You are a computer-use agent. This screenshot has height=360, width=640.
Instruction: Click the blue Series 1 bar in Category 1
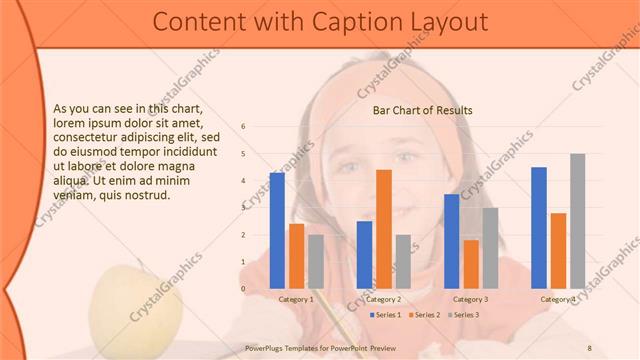tap(277, 230)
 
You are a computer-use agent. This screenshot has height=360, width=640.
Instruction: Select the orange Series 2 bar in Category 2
tap(384, 229)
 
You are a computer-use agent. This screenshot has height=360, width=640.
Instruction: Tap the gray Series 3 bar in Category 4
tap(577, 221)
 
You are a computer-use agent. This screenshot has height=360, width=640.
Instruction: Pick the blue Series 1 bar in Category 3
tap(452, 241)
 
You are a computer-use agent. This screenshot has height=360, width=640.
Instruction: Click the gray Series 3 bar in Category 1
tap(316, 261)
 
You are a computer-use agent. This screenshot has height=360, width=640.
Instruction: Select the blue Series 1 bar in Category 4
tap(539, 227)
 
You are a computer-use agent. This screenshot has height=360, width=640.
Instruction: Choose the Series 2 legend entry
tap(426, 315)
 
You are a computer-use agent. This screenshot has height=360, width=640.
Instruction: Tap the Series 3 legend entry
tap(464, 315)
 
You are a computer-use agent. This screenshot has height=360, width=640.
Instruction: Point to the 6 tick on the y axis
tap(243, 127)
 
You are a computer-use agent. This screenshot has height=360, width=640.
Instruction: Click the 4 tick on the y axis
tap(243, 181)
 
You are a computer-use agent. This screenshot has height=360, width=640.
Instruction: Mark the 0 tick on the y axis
tap(243, 289)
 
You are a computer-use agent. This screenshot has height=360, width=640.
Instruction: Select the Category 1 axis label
tap(296, 299)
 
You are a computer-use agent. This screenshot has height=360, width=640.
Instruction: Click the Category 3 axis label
tap(471, 299)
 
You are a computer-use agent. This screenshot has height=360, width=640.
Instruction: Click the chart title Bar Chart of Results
tap(422, 110)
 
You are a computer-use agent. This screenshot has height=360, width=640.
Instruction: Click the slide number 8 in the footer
tap(589, 348)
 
